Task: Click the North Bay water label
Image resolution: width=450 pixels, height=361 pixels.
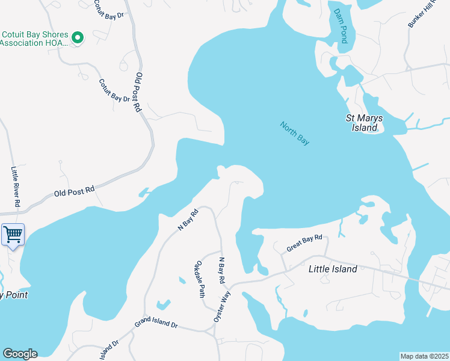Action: click(295, 133)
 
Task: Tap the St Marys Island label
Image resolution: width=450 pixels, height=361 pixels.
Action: click(365, 123)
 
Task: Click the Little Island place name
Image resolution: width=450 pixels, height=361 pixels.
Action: click(332, 269)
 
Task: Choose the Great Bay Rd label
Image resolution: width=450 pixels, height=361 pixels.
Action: click(304, 243)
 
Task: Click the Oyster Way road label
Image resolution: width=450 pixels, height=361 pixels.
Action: click(222, 306)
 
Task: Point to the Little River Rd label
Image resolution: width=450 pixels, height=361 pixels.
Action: click(16, 188)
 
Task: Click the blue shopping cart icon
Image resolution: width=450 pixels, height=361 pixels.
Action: click(13, 234)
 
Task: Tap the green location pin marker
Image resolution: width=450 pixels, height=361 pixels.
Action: click(77, 38)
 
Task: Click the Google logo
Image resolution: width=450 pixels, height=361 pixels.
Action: click(19, 354)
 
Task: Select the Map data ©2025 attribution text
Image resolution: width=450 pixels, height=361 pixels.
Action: click(424, 356)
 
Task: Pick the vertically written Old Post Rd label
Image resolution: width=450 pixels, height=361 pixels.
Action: click(138, 92)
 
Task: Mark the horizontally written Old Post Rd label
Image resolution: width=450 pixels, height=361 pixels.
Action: click(74, 191)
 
